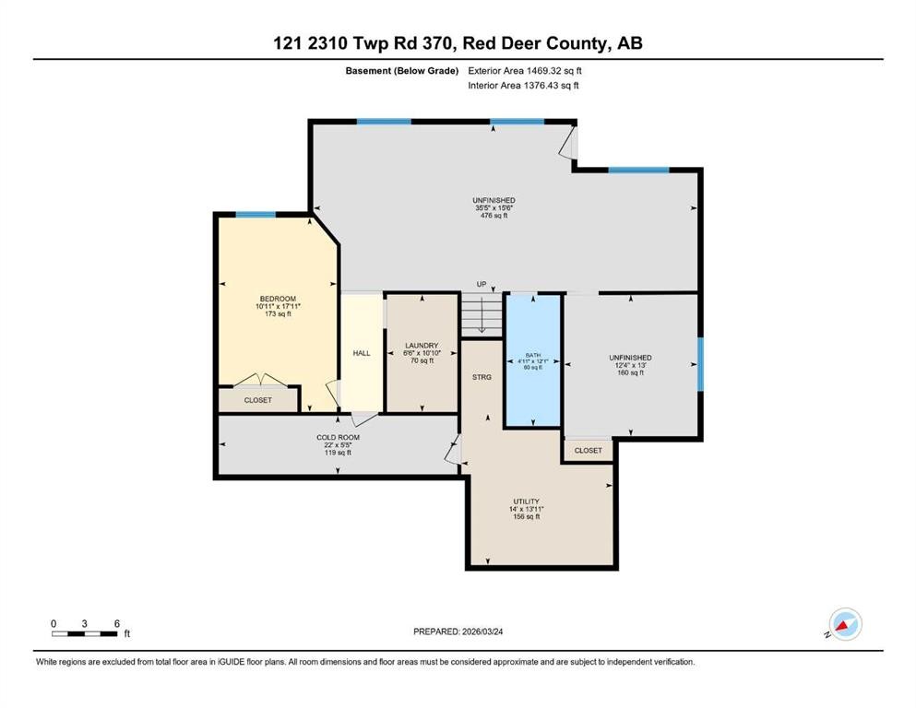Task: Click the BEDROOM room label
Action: click(x=278, y=299)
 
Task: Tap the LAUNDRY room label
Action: click(x=422, y=346)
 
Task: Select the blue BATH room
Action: click(x=533, y=360)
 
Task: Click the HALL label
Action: click(x=362, y=353)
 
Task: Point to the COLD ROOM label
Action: click(x=339, y=437)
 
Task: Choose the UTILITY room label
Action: click(x=527, y=501)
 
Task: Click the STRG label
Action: click(x=482, y=377)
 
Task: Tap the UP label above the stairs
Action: click(x=482, y=284)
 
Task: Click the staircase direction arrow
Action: click(x=482, y=315)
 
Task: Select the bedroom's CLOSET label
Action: click(x=258, y=400)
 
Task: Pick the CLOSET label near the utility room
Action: click(x=589, y=451)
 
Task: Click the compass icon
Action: click(x=845, y=624)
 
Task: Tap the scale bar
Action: click(x=85, y=634)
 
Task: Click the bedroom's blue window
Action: click(x=256, y=215)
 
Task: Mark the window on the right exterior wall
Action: click(x=700, y=363)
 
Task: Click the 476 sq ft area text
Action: click(x=494, y=216)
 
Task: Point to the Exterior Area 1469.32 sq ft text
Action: click(x=525, y=71)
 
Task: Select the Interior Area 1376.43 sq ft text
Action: click(x=523, y=85)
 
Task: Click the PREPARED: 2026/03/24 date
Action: click(x=458, y=631)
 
